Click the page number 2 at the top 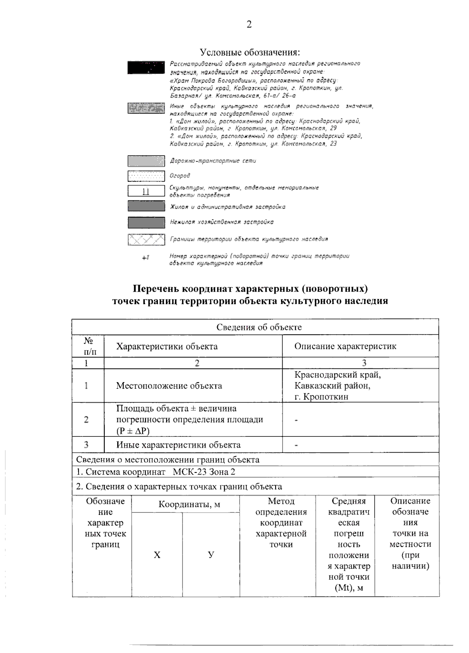[249, 25]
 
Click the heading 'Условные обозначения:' [250, 52]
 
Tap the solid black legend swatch [146, 67]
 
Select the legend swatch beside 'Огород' [146, 176]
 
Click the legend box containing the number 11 [146, 191]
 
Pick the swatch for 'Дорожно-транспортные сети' [146, 161]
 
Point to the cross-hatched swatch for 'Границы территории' [146, 239]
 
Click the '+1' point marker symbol [146, 258]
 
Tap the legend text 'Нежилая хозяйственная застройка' [222, 222]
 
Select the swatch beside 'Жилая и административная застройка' [146, 206]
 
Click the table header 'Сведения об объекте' [259, 327]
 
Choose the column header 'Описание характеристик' [345, 346]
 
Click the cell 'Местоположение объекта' [169, 386]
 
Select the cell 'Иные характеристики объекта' [178, 445]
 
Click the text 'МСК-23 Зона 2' [204, 472]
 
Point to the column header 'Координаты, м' [189, 504]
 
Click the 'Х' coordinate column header [157, 555]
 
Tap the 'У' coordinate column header [211, 555]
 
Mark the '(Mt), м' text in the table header [349, 588]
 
